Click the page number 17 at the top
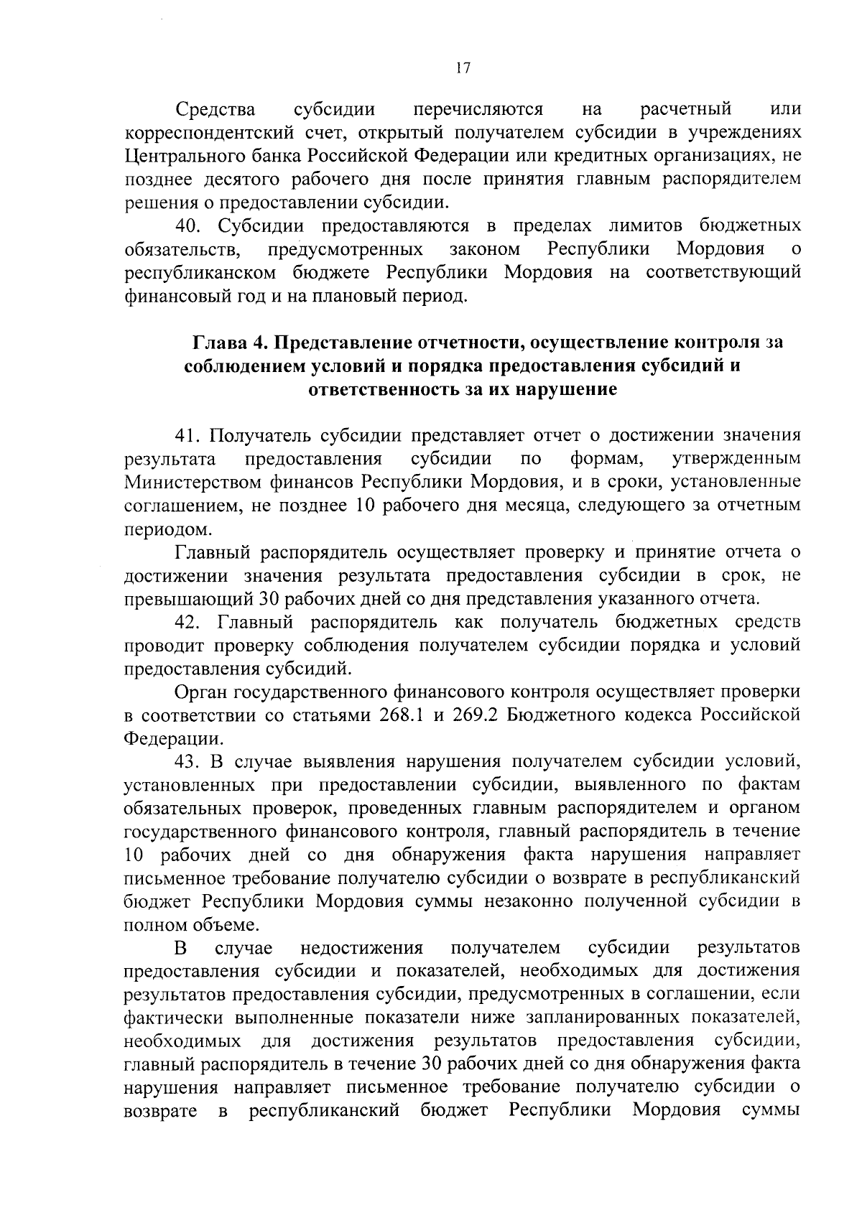tap(462, 68)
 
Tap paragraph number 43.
tap(189, 761)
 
